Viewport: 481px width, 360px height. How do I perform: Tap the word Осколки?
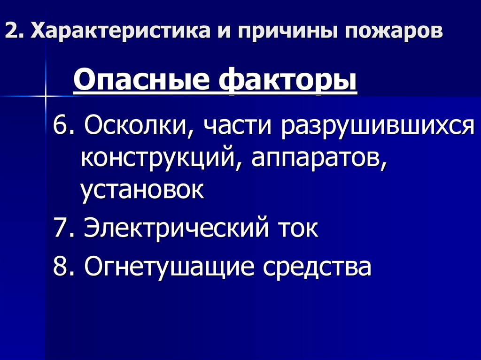[x=137, y=127]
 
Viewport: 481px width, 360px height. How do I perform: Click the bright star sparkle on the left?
[x=46, y=96]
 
